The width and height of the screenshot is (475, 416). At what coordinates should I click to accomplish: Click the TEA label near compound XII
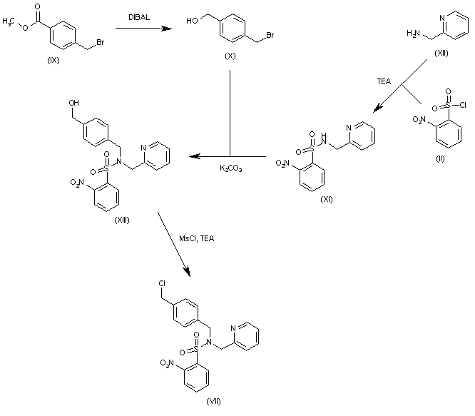tap(382, 82)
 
